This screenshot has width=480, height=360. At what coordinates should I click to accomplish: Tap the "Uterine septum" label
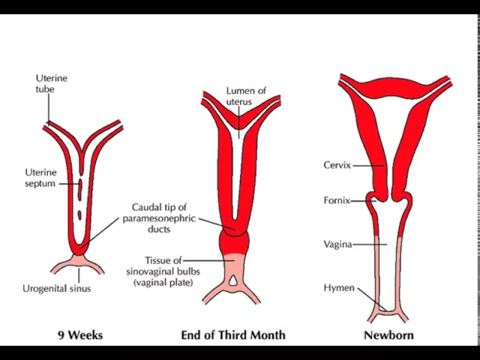[40, 178]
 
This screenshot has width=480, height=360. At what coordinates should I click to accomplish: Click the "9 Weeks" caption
[80, 334]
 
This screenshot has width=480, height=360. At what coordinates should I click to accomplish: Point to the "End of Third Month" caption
[232, 334]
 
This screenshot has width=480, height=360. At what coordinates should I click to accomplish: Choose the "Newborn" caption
[388, 334]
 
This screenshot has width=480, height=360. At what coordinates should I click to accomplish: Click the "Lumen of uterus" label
[246, 96]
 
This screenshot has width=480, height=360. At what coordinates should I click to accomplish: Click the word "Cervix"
[337, 165]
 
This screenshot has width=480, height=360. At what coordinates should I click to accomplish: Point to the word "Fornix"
[336, 200]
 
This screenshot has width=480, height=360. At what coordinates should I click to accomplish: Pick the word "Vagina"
[337, 244]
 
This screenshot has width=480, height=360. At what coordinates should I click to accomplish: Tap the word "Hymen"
[339, 288]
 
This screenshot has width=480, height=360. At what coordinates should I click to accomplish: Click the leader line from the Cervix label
[367, 166]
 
